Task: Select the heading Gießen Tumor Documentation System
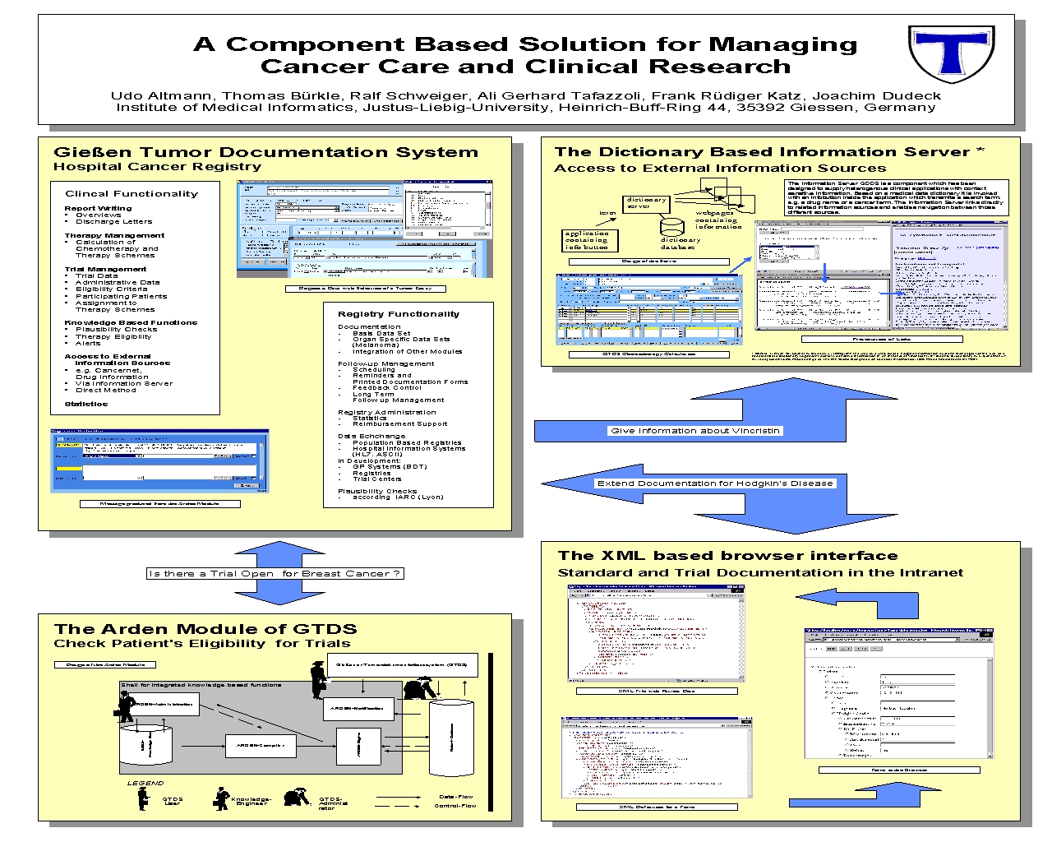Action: pyautogui.click(x=265, y=152)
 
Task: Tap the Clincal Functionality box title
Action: pyautogui.click(x=131, y=194)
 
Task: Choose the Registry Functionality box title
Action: pyautogui.click(x=399, y=314)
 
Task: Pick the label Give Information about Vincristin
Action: pyautogui.click(x=695, y=431)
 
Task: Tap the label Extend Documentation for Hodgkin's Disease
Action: pyautogui.click(x=715, y=483)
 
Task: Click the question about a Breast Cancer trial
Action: pyautogui.click(x=275, y=574)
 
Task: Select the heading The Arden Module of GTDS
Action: pyautogui.click(x=205, y=629)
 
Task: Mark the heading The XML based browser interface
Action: pyautogui.click(x=727, y=556)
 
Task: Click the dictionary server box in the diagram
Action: pyautogui.click(x=647, y=203)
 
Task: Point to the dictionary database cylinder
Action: pyautogui.click(x=679, y=228)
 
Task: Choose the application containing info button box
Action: pyautogui.click(x=588, y=240)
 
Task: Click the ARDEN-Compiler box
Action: pyautogui.click(x=261, y=745)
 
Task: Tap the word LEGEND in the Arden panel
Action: pyautogui.click(x=145, y=783)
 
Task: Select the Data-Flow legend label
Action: pyautogui.click(x=456, y=796)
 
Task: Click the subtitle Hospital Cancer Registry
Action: pyautogui.click(x=157, y=167)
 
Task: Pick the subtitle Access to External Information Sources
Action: pyautogui.click(x=720, y=169)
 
